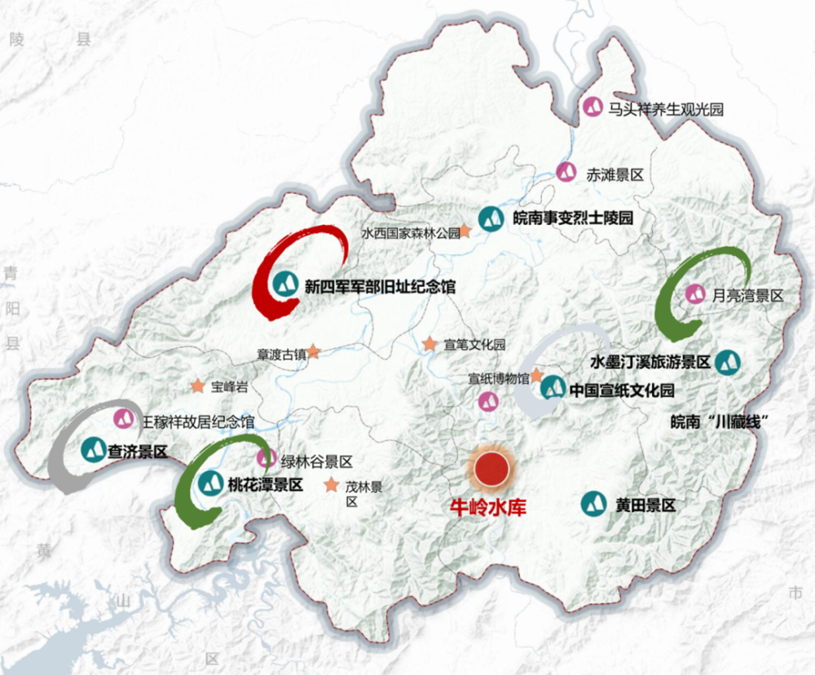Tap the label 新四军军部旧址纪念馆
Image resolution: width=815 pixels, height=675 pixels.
click(380, 286)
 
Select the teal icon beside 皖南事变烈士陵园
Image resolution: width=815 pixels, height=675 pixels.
click(491, 218)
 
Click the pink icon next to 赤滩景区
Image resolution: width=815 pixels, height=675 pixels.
click(566, 172)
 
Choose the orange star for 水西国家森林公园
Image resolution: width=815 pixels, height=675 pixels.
click(466, 232)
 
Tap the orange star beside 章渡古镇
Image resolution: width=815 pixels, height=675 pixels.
click(313, 352)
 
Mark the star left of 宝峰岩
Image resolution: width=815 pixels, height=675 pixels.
click(196, 386)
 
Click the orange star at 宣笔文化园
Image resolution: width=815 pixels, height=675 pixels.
click(430, 344)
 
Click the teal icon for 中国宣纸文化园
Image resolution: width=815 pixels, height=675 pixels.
click(553, 388)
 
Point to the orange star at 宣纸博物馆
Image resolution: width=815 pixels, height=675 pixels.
click(537, 376)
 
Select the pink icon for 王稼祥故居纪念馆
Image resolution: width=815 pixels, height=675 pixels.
click(124, 418)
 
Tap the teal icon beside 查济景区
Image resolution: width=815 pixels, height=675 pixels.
click(93, 449)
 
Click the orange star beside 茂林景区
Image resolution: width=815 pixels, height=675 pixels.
click(331, 486)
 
